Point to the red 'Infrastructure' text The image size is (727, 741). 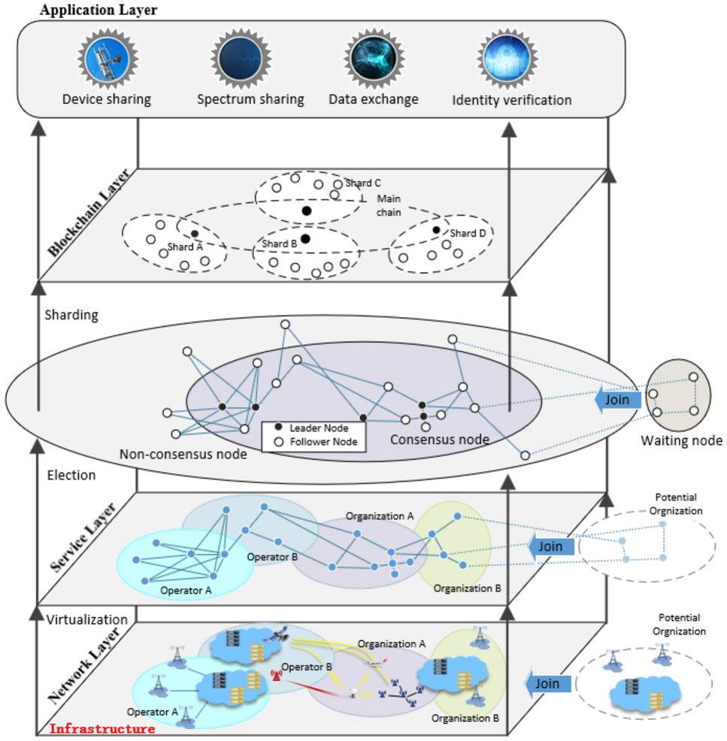click(x=102, y=728)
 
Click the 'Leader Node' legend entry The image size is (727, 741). click(x=315, y=428)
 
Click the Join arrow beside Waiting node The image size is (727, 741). click(x=615, y=400)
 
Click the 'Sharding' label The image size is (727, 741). click(x=71, y=315)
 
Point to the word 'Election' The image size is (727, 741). click(x=71, y=475)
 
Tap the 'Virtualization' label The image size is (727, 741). click(x=87, y=620)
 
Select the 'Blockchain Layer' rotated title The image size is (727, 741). click(x=89, y=213)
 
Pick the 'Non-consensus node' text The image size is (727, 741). click(x=183, y=454)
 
